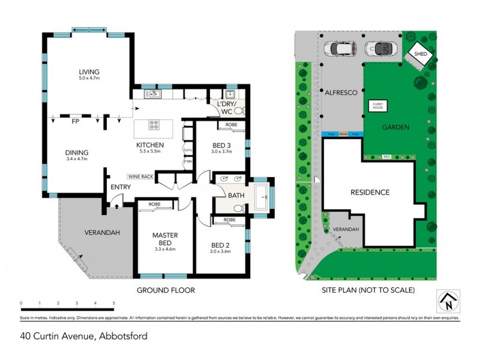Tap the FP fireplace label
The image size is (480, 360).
(x=75, y=121)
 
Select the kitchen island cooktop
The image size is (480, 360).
(x=154, y=125)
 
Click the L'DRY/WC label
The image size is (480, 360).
(x=227, y=107)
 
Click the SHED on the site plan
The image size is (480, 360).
(x=418, y=55)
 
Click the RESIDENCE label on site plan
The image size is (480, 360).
(x=371, y=193)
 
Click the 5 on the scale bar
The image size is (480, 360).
(x=114, y=304)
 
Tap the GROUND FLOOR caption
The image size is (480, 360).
(x=166, y=290)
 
